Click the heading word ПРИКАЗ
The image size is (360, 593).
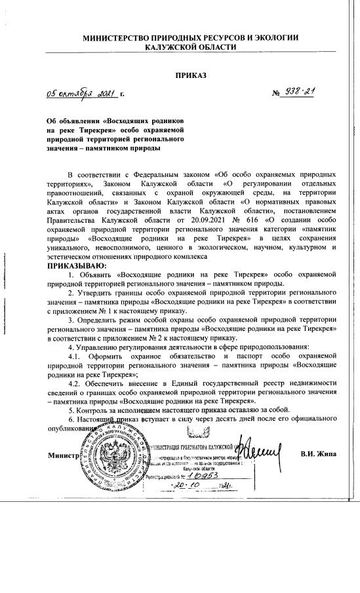[x=190, y=75]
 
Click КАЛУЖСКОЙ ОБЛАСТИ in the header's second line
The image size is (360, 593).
[x=190, y=48]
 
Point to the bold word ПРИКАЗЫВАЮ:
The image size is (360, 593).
[x=75, y=265]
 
